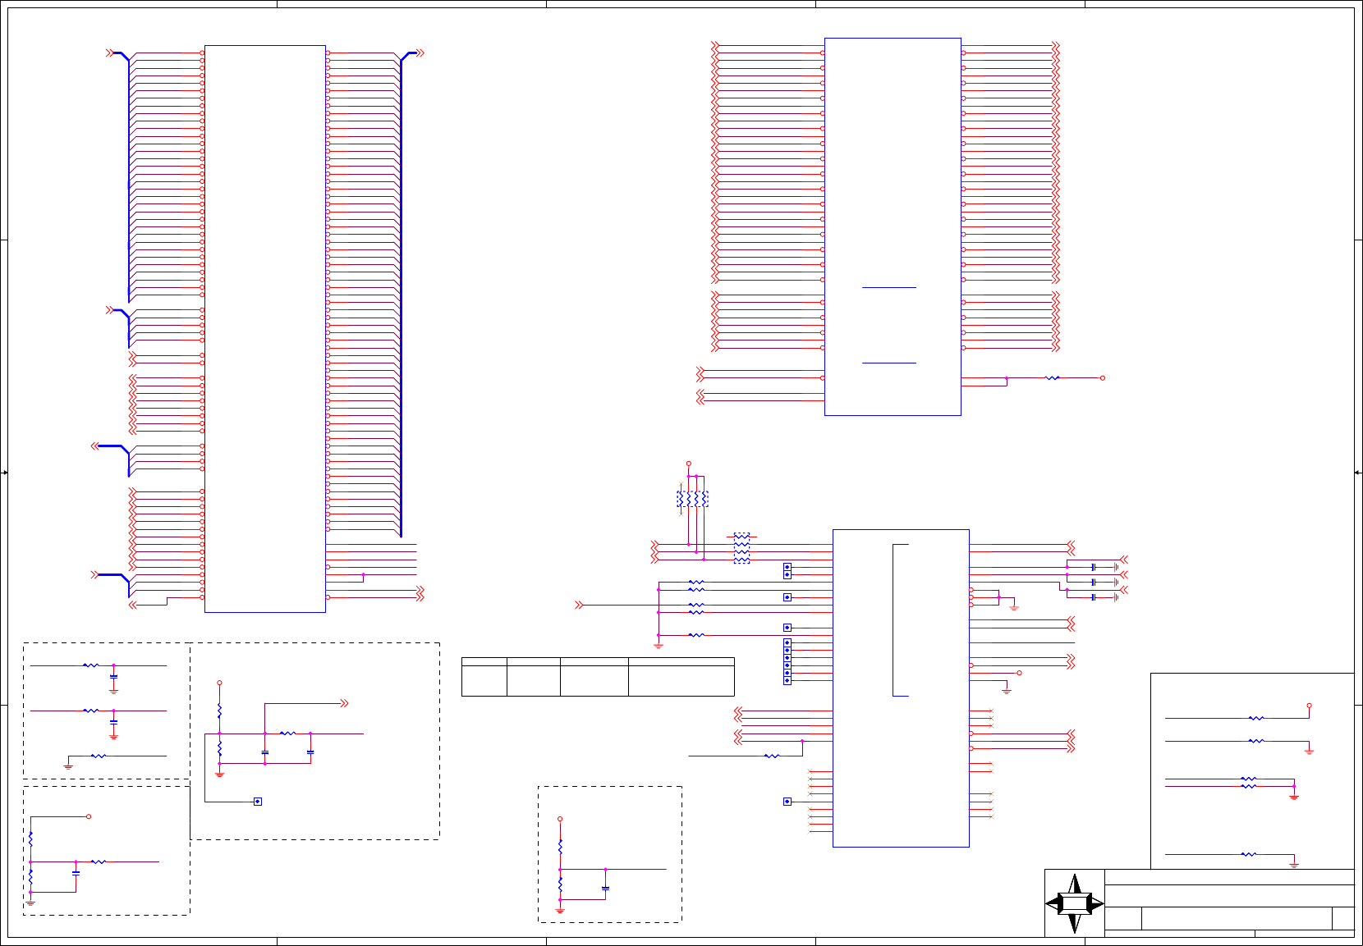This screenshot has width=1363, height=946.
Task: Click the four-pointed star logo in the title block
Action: point(1074,903)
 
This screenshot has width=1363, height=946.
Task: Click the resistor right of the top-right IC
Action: point(1052,378)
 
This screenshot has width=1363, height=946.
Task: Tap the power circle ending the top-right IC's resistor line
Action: point(1102,378)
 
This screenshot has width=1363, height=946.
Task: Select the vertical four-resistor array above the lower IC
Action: point(692,499)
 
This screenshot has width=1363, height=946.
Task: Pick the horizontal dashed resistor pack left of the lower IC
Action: point(741,548)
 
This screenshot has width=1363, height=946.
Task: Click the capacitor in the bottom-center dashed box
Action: point(605,888)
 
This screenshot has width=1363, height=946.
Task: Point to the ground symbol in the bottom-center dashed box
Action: point(560,910)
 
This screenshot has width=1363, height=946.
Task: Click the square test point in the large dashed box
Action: point(257,802)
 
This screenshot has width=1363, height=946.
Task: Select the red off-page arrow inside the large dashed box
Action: point(344,703)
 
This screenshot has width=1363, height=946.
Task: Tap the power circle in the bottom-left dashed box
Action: point(89,816)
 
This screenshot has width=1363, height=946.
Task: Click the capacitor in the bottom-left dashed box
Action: point(76,874)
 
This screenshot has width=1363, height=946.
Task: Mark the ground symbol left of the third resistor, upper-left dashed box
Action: point(68,766)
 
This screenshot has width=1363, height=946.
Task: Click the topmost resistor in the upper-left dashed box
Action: point(91,665)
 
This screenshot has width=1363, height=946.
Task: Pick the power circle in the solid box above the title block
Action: point(1309,706)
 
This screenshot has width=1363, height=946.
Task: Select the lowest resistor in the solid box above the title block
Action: point(1248,854)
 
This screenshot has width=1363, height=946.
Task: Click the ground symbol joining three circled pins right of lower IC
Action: point(1014,607)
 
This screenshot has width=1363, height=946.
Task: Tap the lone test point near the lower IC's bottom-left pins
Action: point(787,802)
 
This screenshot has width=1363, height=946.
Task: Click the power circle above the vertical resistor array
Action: point(688,464)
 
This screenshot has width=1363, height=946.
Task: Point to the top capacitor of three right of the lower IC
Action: point(1094,567)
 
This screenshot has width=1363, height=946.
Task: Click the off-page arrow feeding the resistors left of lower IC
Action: point(579,605)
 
